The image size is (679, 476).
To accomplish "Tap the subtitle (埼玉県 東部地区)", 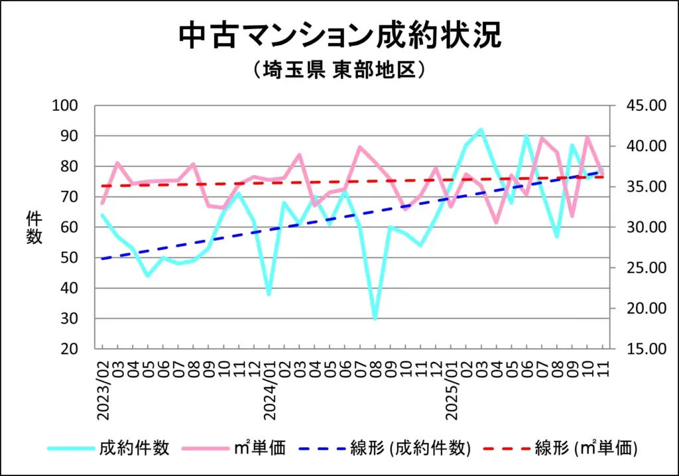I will pos(339,70).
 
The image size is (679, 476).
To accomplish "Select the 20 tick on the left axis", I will pos(72,349).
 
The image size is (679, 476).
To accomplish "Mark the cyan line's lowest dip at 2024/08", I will pos(375,319).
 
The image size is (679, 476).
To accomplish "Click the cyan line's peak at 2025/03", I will pos(481,130).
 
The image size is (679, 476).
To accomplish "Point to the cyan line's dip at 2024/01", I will pos(269,294).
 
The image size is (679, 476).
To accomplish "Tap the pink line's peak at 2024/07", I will pos(359,147).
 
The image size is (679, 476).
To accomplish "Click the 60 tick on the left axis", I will pos(72,227).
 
